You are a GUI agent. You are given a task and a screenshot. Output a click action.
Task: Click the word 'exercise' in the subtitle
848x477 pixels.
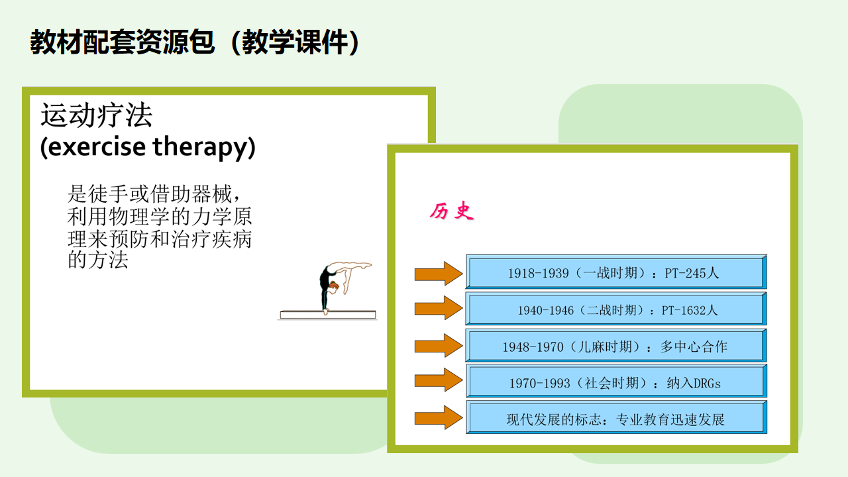coord(97,147)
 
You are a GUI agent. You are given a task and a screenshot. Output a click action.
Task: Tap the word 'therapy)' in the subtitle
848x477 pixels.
coord(204,148)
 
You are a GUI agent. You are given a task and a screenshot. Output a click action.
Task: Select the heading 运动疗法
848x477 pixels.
coord(97,115)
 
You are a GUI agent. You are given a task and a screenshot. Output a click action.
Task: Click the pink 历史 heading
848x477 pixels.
coord(452,211)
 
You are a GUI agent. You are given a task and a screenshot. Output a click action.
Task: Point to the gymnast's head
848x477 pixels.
coord(333,286)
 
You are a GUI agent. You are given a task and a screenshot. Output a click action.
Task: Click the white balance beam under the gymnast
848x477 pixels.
coord(328,315)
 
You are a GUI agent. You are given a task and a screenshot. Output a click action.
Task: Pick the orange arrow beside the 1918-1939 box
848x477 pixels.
coord(439,274)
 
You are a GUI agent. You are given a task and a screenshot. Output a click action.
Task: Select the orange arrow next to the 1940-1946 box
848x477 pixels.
coord(439,308)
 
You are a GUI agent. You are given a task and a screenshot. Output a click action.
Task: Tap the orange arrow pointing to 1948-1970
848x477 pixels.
coord(439,346)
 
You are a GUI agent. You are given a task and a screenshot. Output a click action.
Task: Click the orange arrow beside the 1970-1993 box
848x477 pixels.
coord(439,380)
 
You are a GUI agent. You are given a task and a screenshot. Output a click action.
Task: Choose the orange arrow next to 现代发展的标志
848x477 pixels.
coord(439,417)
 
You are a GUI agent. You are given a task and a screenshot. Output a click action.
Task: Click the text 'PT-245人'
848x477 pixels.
coord(692,273)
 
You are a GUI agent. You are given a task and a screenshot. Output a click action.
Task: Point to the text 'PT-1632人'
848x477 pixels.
coord(690,311)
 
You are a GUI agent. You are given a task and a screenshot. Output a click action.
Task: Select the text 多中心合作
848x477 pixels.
coord(694,346)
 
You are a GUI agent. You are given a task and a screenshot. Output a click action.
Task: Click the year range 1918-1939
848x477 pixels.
coord(538,274)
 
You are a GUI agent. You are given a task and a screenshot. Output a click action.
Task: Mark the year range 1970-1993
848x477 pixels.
coord(539,384)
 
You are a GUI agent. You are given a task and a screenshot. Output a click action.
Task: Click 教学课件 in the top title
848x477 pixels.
coord(295,42)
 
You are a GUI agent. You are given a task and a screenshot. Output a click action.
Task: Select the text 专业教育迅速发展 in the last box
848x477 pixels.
coord(670,420)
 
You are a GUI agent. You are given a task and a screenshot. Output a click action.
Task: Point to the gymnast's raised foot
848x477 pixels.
coord(367,265)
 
